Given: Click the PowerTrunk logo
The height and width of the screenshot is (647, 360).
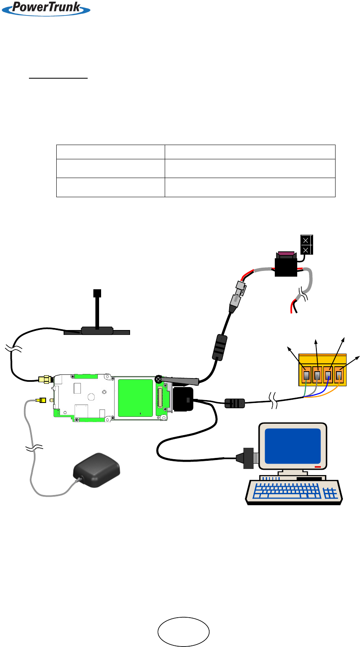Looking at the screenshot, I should pos(46,8).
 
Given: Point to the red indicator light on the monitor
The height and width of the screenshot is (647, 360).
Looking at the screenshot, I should pos(318,467).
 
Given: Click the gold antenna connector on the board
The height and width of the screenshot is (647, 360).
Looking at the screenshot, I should pos(44,380).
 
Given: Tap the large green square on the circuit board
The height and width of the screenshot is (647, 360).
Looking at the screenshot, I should pos(135,398).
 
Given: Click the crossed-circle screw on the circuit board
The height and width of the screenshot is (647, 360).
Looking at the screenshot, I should pos(159,379).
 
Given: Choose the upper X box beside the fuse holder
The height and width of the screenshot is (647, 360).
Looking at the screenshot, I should pos(306,240).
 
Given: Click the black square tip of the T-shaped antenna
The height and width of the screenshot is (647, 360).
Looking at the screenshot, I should pos(97,293).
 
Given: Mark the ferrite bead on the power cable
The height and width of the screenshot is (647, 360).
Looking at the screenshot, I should pos(219,347).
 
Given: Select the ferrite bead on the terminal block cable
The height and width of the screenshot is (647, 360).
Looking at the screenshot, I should pos(235,403).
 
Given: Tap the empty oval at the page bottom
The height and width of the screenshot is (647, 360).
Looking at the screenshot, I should pos(183,632).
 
